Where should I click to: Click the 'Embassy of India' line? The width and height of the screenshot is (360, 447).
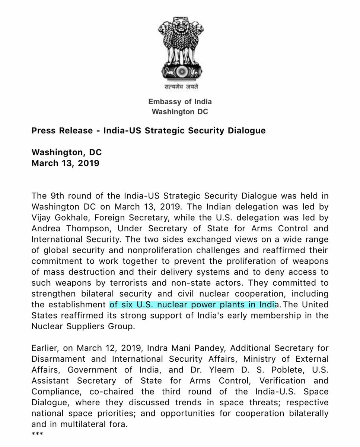(180, 101)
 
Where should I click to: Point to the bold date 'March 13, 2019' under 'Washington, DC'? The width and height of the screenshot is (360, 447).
(65, 163)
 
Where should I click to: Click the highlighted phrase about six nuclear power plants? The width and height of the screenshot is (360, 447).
(194, 304)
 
